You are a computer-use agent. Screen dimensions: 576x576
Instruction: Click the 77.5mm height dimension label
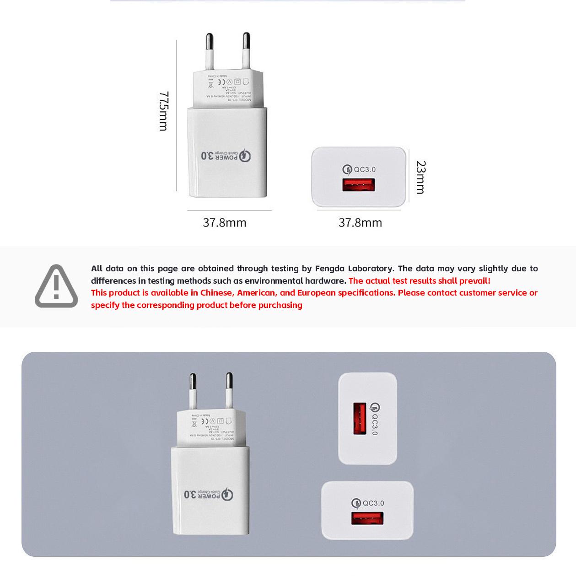164,111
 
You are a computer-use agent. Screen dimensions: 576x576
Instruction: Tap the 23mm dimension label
420,177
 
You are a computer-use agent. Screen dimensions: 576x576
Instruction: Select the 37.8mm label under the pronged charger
225,223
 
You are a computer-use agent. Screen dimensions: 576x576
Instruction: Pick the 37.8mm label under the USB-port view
360,223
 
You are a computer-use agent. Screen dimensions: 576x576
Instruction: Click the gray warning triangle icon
56,286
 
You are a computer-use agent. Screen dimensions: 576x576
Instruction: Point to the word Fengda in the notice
329,269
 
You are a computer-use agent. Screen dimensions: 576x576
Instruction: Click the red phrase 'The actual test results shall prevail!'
419,281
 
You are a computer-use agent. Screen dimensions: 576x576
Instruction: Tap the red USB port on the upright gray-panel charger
360,418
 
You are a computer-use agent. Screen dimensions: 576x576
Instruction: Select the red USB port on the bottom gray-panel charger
367,518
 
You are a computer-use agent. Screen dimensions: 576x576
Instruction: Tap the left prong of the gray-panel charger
193,391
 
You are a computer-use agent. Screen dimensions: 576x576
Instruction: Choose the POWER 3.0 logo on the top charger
226,156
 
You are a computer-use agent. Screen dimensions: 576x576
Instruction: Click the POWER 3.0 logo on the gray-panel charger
209,495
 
